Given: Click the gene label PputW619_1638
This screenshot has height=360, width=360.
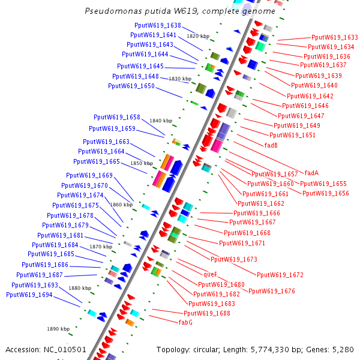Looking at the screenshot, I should point(158,25).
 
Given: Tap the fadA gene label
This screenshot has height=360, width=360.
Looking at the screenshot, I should point(311,172).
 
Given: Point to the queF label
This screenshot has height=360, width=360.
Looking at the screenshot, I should point(210,274).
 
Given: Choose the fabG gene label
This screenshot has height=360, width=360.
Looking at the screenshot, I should point(185,322).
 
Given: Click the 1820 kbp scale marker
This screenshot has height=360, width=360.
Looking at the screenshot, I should point(197,37).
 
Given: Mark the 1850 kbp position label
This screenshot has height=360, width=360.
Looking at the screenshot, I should point(142,163).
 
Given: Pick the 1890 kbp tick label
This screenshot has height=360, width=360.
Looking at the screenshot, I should point(59,329).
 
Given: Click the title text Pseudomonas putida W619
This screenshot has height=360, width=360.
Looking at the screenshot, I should point(179,11).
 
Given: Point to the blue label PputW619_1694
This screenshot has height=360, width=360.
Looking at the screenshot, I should point(29,295).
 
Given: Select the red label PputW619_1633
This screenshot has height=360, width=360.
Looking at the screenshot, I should point(334,37).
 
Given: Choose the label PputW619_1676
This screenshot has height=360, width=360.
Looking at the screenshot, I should point(272,291).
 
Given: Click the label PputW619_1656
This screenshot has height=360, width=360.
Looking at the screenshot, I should point(325,193).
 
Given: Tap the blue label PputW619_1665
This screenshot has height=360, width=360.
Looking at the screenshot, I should point(97,161).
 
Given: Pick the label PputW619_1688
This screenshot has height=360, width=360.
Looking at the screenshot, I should point(207,313).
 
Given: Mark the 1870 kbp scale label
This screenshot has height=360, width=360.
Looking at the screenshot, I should point(101,247).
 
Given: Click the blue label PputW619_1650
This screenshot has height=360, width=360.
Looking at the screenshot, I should point(131,86).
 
